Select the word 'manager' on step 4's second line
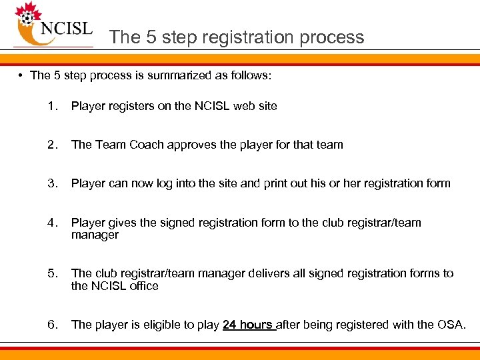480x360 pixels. pyautogui.click(x=95, y=235)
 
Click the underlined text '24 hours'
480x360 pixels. pyautogui.click(x=247, y=325)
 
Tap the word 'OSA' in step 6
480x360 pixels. pyautogui.click(x=451, y=325)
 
